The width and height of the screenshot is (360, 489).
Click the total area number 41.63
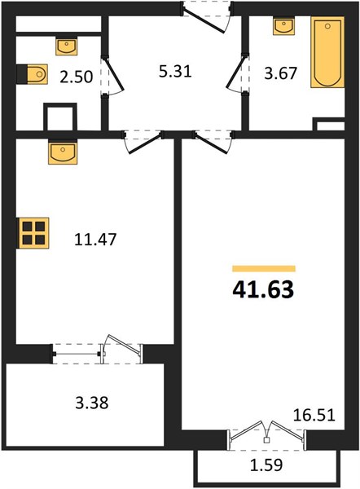263,289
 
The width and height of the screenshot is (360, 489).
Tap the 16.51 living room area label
314,415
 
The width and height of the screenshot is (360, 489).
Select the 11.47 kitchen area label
95,240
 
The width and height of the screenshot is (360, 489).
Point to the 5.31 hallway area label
175,72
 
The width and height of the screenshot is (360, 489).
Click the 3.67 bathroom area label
280,73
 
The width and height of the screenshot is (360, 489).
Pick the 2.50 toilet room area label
77,77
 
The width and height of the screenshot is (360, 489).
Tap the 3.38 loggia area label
92,403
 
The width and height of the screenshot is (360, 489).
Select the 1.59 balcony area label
266,465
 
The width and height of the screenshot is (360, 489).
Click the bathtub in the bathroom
327,52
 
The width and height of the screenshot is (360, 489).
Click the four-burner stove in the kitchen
33,233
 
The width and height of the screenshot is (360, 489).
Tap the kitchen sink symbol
63,153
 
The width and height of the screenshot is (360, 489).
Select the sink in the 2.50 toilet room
67,46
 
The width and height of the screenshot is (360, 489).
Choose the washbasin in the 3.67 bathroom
283,26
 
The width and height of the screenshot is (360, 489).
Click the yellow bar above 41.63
264,268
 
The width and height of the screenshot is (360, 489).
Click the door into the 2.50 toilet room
112,76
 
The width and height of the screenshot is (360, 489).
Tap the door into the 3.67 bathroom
238,73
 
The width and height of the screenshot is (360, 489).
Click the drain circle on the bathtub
327,27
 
